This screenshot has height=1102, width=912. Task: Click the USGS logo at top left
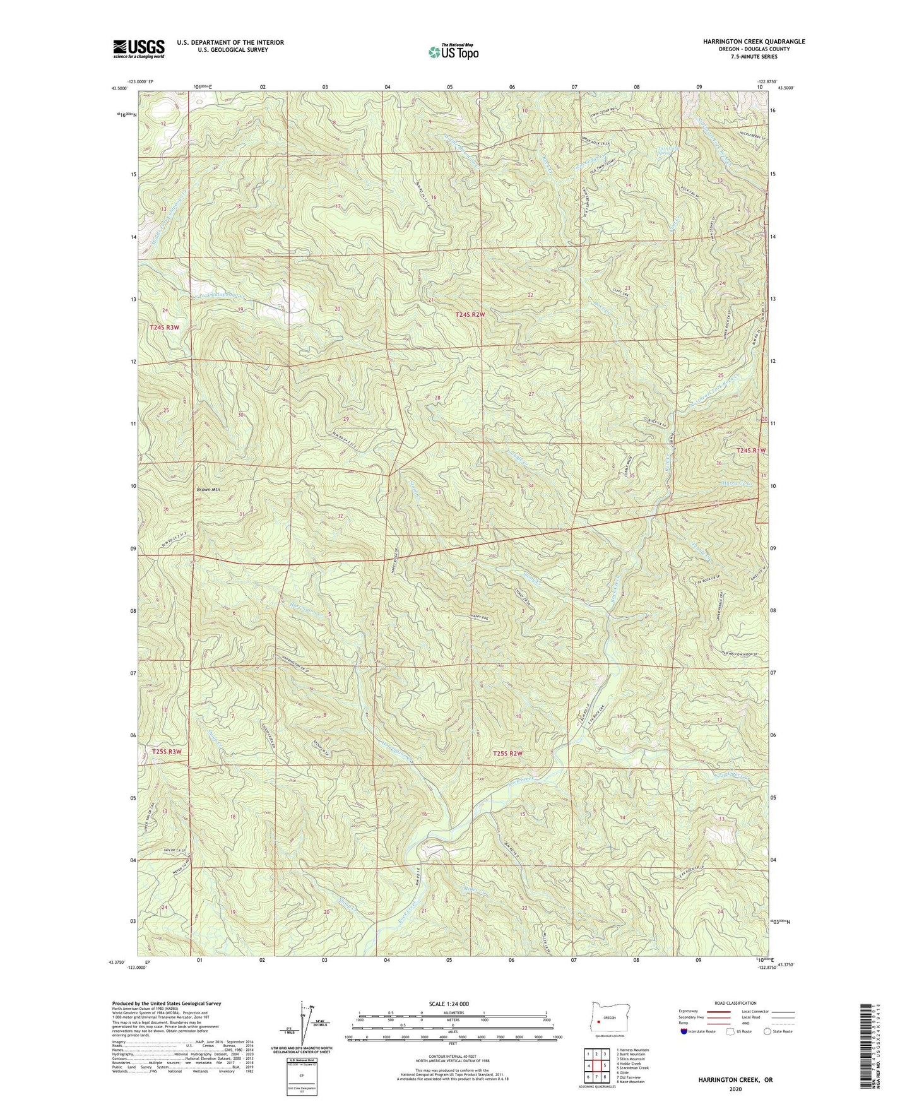pyautogui.click(x=139, y=49)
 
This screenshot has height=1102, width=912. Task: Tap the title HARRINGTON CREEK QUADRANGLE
pyautogui.click(x=754, y=42)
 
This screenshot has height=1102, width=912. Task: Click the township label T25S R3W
pyautogui.click(x=167, y=752)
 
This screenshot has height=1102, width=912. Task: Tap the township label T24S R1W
pyautogui.click(x=751, y=451)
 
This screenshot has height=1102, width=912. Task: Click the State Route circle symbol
pyautogui.click(x=767, y=1031)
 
